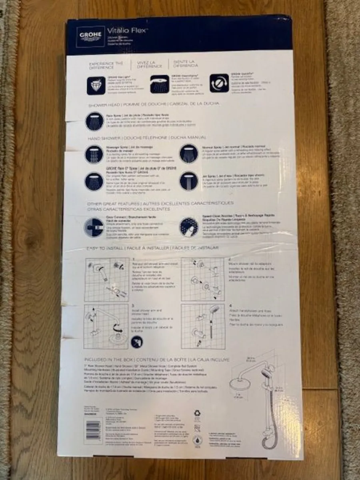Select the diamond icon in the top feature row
point(96,85)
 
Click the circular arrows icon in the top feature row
point(219,83)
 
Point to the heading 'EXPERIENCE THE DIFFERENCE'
point(106,65)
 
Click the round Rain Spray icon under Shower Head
point(94,121)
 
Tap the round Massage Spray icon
point(94,154)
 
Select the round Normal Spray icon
point(189,153)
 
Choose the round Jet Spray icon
point(189,181)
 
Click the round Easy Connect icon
point(94,227)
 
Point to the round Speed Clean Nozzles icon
point(189,227)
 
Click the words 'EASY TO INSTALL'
point(105,249)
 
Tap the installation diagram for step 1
point(108,278)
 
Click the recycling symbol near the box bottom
point(197,413)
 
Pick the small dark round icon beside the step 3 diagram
point(137,342)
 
